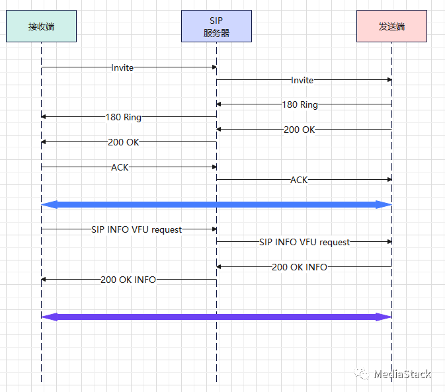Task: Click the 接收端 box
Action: (x=41, y=26)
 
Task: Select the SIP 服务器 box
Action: (x=216, y=26)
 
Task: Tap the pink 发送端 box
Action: (x=391, y=26)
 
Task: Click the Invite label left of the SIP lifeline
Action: (x=122, y=67)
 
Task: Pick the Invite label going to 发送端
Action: (x=302, y=80)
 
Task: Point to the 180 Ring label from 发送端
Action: (x=300, y=104)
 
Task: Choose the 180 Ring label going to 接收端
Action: (x=124, y=117)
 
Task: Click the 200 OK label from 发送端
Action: (x=300, y=130)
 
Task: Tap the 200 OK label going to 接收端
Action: (x=124, y=142)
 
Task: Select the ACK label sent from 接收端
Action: (x=120, y=167)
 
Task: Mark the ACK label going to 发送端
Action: (x=299, y=180)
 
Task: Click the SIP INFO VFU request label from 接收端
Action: (x=137, y=229)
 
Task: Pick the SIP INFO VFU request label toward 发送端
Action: (x=305, y=242)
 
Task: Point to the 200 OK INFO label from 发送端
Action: (x=300, y=267)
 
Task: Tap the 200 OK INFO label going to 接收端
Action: (x=128, y=280)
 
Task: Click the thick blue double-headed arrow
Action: (x=216, y=205)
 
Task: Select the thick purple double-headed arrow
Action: (x=216, y=317)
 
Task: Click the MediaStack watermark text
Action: (x=401, y=374)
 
